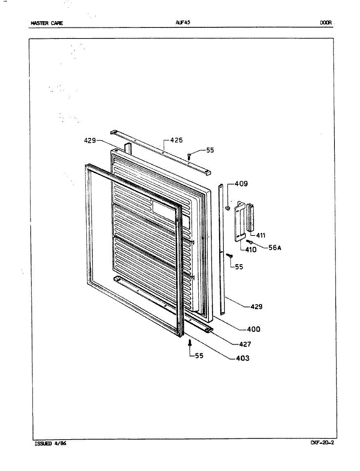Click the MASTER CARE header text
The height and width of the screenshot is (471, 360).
pos(47,23)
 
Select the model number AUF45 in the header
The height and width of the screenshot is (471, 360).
pos(183,23)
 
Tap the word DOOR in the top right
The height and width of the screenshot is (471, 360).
pos(325,23)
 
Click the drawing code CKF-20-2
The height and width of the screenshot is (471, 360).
pos(322,443)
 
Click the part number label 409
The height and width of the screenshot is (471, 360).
pos(241,184)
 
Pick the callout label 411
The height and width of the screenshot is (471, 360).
pos(261,235)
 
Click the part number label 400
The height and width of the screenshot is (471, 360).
pos(253,329)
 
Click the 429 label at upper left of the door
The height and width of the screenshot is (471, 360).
pos(90,140)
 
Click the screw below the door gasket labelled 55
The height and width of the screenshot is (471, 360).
pos(190,343)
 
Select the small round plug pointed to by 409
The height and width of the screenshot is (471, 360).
pos(227,208)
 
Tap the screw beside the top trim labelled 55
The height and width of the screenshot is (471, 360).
pos(189,155)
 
